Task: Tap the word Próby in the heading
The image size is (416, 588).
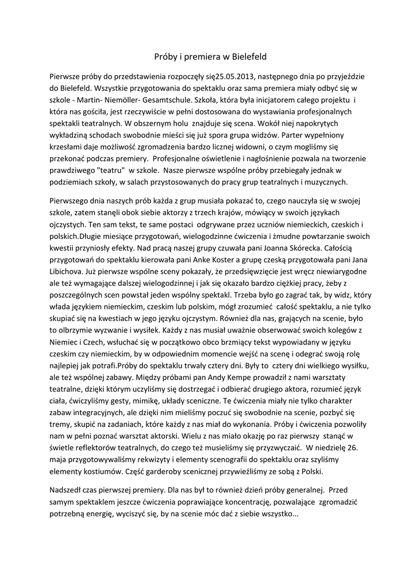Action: [x=166, y=57]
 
